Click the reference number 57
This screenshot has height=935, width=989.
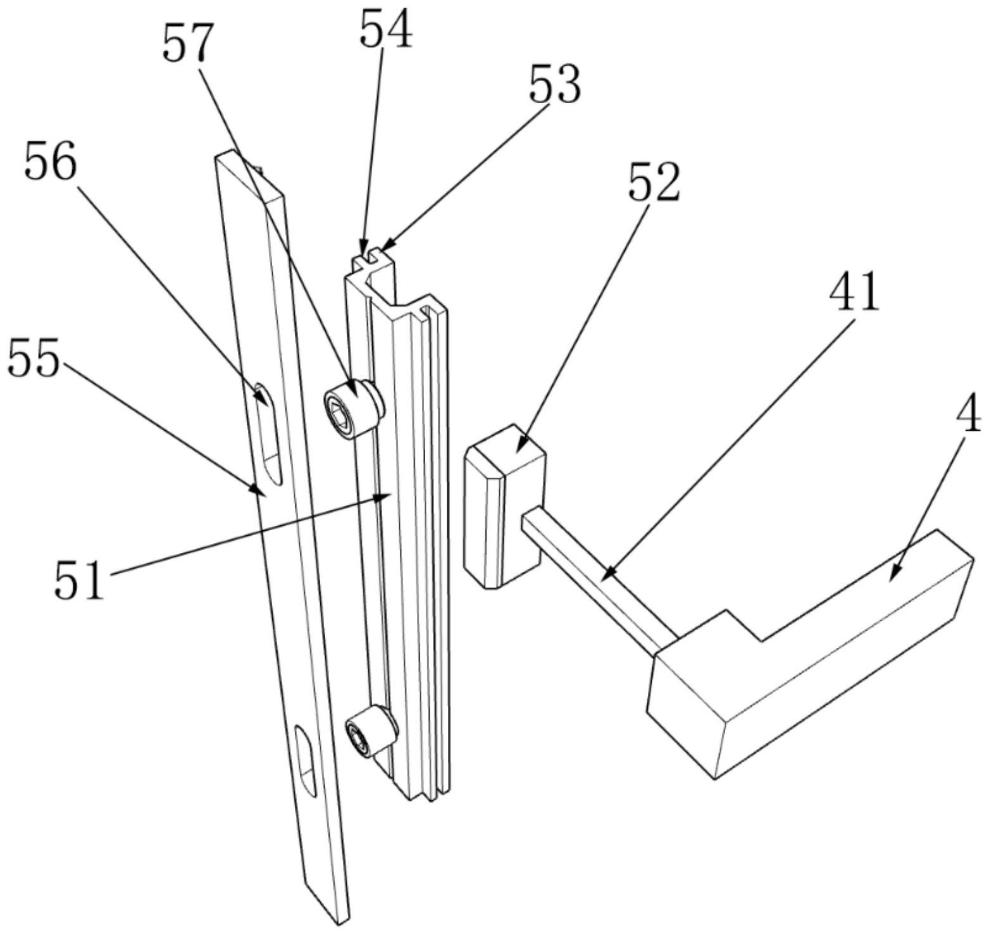[x=185, y=44]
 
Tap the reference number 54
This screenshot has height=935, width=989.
[x=386, y=30]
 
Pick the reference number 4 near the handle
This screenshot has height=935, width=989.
[x=967, y=415]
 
